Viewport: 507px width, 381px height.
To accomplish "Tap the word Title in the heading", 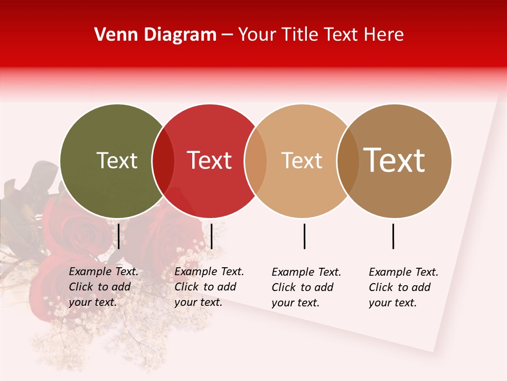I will coord(299,34).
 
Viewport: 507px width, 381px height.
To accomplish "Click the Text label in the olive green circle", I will coord(117,160).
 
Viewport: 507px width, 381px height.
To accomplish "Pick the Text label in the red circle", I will coord(209,160).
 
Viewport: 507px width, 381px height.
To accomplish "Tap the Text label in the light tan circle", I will coord(302,160).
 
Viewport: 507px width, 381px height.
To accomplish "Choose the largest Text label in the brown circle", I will coord(394,160).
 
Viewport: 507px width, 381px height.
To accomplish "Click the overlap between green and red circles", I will coord(163,161).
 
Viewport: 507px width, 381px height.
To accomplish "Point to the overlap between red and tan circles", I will coord(256,161).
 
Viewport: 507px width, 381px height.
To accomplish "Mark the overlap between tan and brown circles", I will coord(348,161).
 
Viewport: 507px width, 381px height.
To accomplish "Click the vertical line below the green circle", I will coord(119,236).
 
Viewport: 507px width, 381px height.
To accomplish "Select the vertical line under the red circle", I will coord(211,236).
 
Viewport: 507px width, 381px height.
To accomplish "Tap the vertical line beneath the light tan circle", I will coord(304,236).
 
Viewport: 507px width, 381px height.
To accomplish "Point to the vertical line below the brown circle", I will coord(393,236).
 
